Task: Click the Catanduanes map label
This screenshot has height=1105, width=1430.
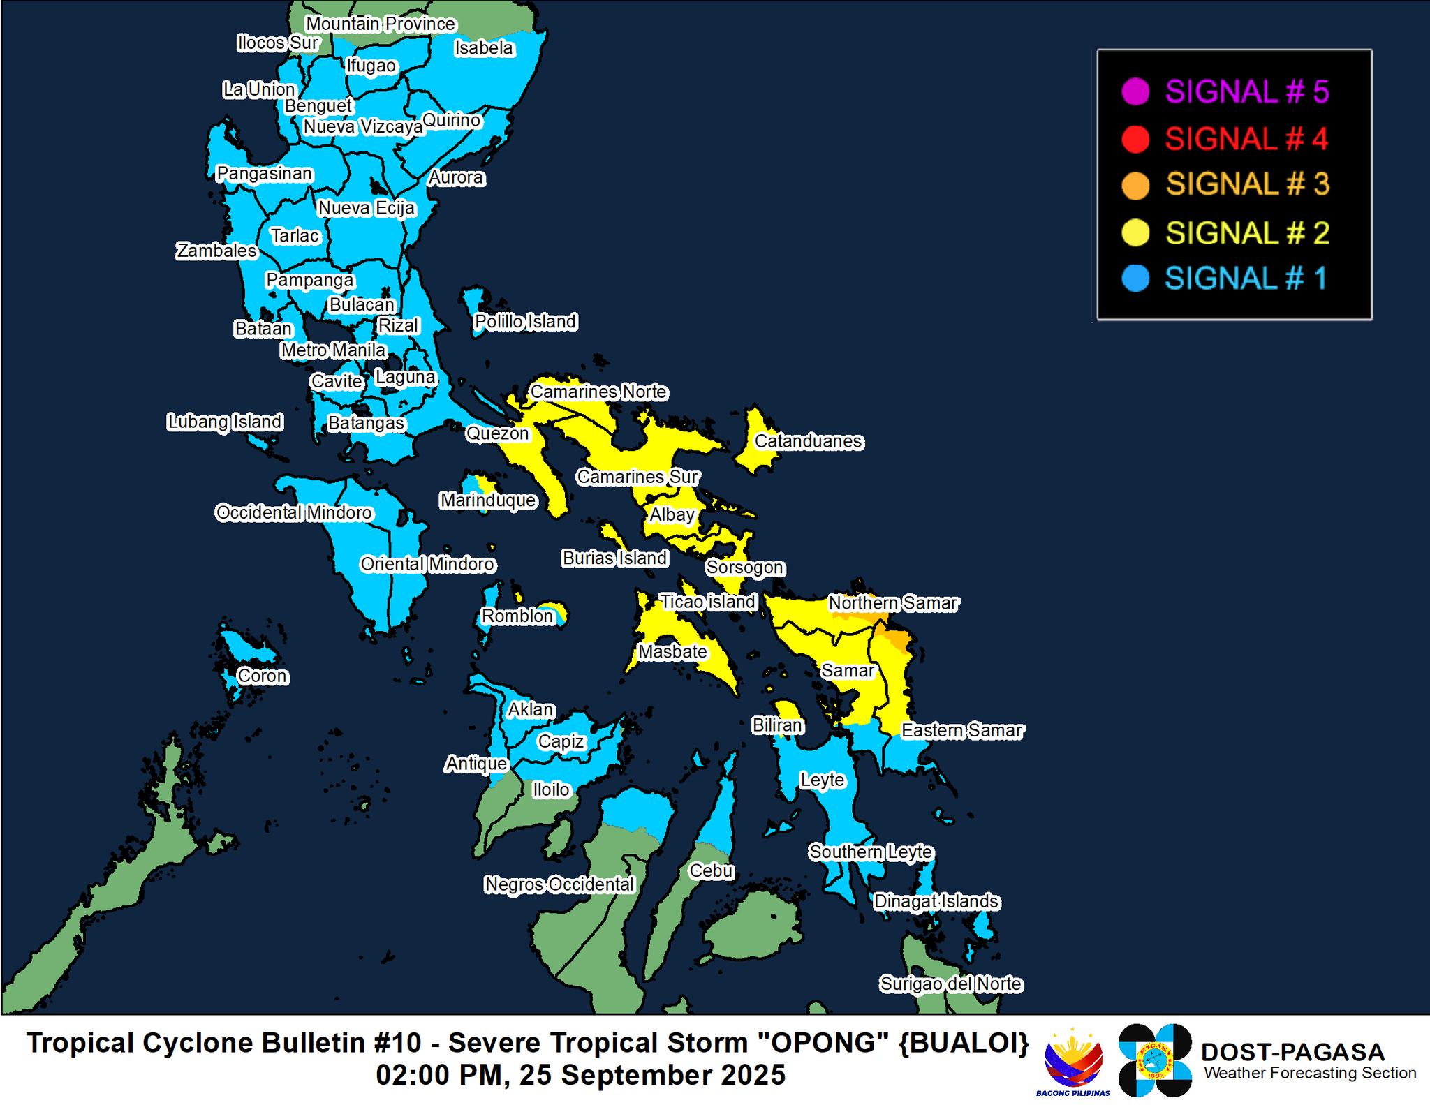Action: pos(809,441)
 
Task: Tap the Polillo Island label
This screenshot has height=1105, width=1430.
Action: pos(525,322)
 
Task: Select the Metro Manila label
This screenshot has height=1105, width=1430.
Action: pos(333,350)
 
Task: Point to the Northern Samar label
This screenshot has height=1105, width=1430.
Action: pos(893,602)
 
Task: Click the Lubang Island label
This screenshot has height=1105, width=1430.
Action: pos(225,422)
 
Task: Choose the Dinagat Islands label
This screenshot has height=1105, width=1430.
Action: pos(936,901)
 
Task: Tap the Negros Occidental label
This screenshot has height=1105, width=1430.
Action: pos(559,884)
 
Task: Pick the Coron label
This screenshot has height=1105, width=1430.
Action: pos(262,676)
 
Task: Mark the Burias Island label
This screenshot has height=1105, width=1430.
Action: pos(615,558)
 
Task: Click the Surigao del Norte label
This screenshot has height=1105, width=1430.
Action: pos(951,984)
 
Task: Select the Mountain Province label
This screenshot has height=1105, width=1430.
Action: pos(381,24)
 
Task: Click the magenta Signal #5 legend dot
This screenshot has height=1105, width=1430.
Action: pos(1135,92)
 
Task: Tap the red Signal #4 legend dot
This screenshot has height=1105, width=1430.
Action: pos(1135,139)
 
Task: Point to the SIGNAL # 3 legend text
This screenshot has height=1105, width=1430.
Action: pos(1247,185)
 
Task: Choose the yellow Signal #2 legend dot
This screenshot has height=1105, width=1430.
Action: pos(1135,232)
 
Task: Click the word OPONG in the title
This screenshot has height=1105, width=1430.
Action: pos(817,1044)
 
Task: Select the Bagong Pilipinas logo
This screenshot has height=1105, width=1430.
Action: pos(1073,1060)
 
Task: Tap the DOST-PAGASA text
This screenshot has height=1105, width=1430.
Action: pos(1292,1052)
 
